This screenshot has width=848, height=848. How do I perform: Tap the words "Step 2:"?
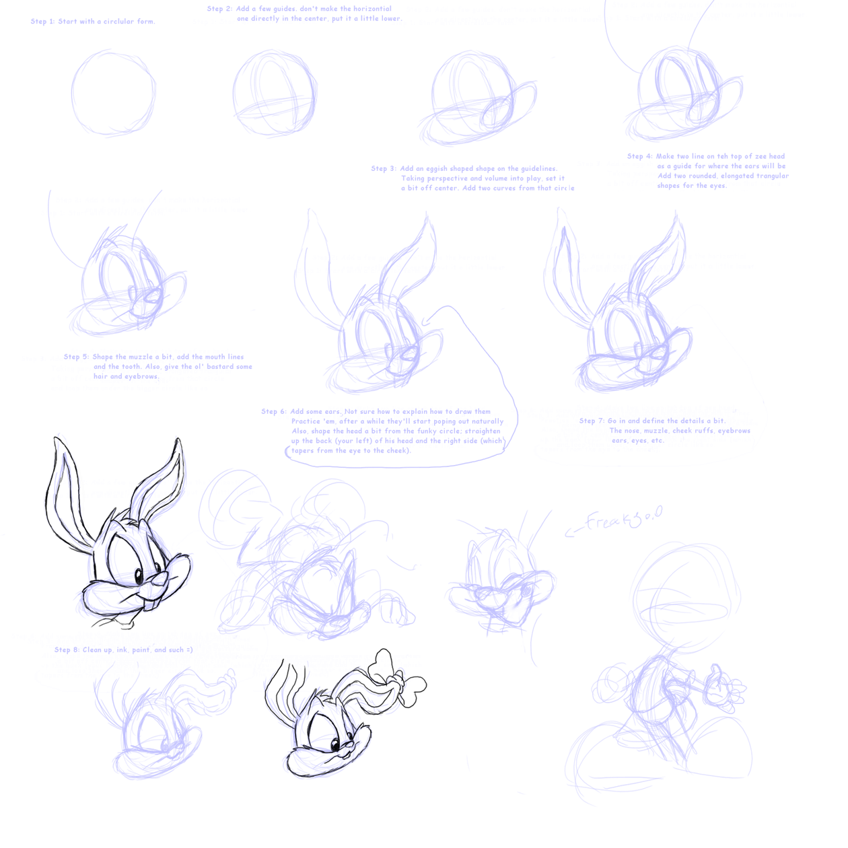click(x=219, y=9)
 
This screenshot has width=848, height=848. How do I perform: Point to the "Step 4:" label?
click(x=639, y=156)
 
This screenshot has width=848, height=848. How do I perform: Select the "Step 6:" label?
click(x=273, y=411)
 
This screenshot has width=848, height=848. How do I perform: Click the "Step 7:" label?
click(x=592, y=421)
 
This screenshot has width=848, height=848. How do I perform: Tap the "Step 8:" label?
click(x=67, y=650)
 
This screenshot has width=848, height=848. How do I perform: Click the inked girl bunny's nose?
click(x=350, y=745)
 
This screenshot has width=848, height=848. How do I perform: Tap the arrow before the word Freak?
click(x=573, y=532)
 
